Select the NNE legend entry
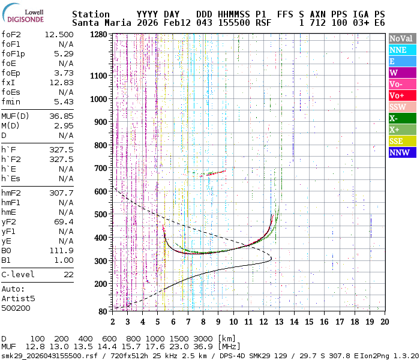402,50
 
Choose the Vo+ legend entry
402,95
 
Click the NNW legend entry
402,152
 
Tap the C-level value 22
68,274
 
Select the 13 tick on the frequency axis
278,322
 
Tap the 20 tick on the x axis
384,322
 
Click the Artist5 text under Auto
18,298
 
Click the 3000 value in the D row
204,338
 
